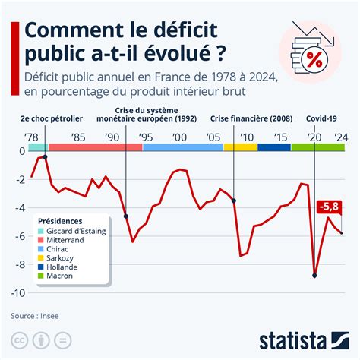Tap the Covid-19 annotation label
click(323, 119)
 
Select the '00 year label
click(178, 137)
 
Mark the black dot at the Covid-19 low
click(314, 276)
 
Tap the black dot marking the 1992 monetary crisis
click(125, 216)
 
